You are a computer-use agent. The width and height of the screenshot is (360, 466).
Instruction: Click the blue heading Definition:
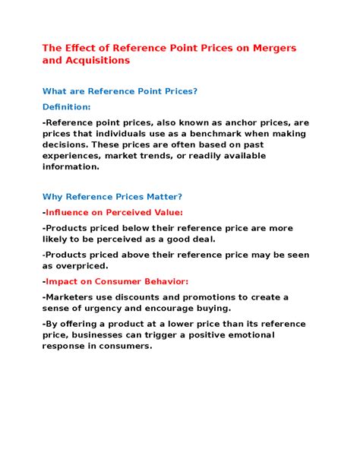pos(66,106)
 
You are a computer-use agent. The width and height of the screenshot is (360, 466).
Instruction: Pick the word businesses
pos(102,335)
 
